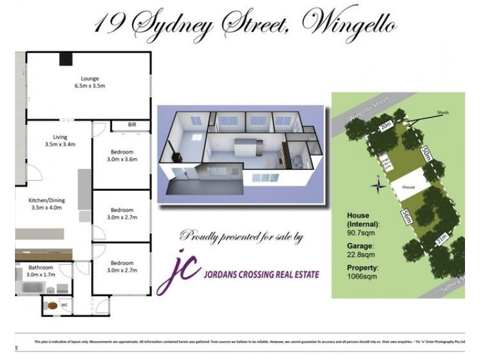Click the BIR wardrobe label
point(132,124)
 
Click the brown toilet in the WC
point(53,305)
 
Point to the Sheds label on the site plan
point(443,112)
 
